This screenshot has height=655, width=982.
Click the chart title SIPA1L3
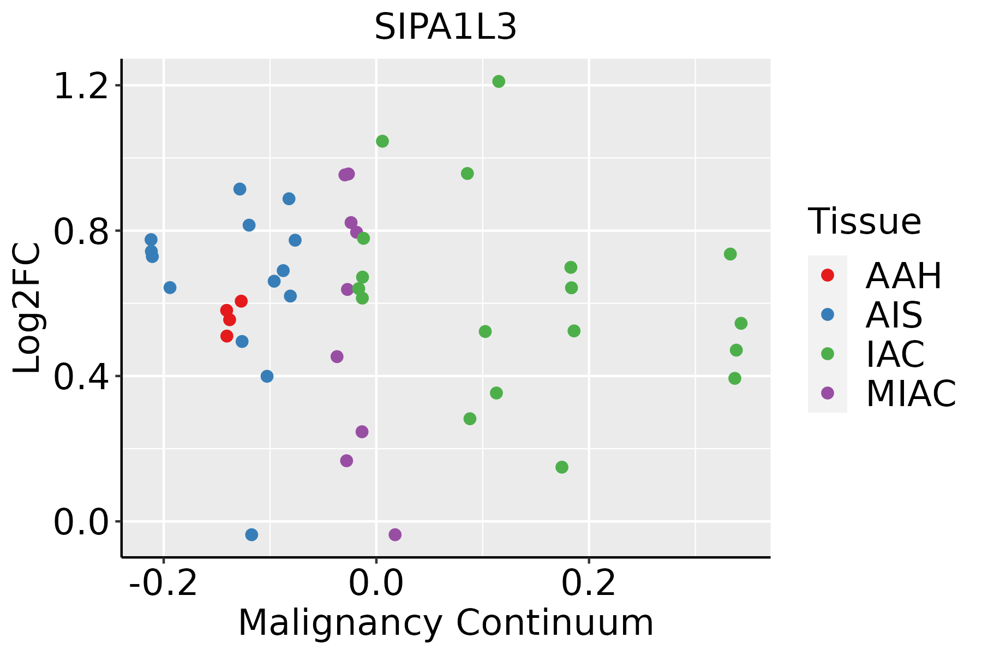(445, 27)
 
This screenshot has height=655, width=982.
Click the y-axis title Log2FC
(27, 308)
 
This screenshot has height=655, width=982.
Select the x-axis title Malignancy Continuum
(445, 623)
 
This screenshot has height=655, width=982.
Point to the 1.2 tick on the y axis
(81, 86)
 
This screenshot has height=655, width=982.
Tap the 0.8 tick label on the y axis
(81, 231)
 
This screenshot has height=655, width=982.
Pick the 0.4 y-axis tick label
(81, 376)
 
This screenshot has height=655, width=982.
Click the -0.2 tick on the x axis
(163, 584)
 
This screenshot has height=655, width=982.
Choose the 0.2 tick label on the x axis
(589, 584)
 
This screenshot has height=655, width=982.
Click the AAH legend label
(903, 276)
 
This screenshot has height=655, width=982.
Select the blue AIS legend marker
(827, 314)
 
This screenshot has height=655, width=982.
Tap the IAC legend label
(895, 354)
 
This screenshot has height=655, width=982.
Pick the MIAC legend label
(911, 393)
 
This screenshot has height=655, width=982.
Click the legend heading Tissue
(864, 222)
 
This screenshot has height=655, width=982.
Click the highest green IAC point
(499, 81)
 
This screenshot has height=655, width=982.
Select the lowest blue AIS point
(252, 534)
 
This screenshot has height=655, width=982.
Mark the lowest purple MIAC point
(395, 534)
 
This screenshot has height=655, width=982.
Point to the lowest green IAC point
(562, 467)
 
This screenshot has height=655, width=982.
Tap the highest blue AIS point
(239, 189)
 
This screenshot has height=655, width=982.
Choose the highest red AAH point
(241, 301)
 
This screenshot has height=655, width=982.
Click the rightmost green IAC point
(741, 323)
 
